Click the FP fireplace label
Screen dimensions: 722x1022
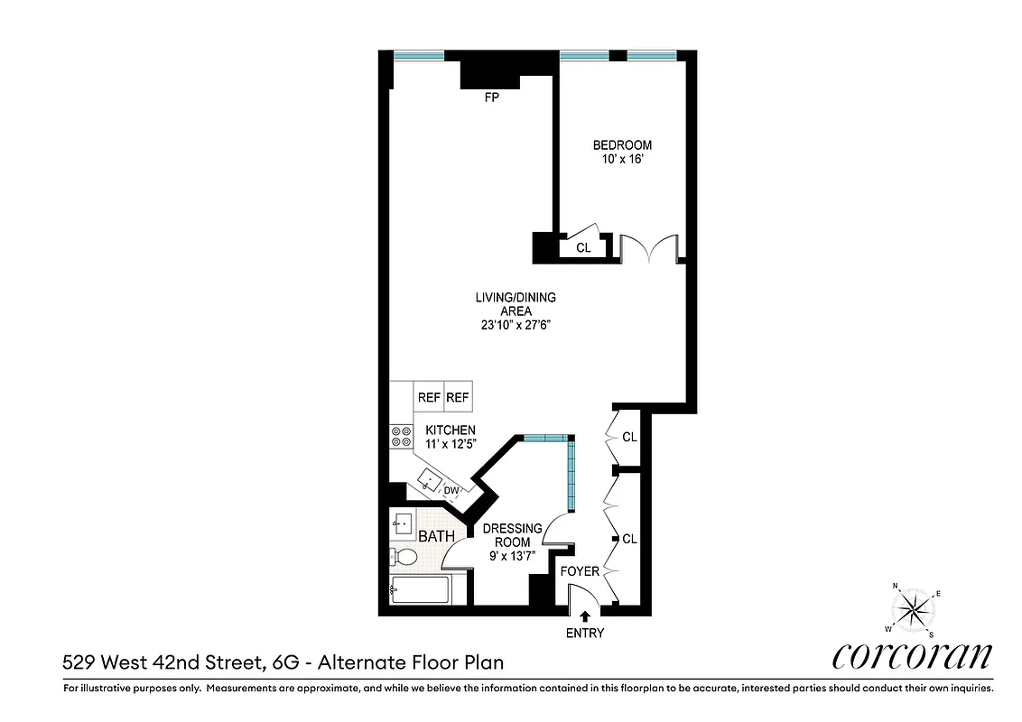click(492, 98)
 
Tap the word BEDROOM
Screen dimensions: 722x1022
click(621, 145)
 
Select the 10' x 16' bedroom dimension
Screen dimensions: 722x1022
click(621, 160)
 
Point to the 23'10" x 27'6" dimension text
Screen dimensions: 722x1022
click(516, 327)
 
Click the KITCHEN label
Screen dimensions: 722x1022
click(451, 430)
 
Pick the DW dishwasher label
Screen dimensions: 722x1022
click(452, 491)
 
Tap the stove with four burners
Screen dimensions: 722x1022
click(398, 437)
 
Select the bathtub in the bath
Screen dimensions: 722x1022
click(421, 592)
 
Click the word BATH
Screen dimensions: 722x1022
click(436, 536)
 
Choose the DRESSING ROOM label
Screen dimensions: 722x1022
click(512, 535)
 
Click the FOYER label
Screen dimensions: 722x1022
click(580, 571)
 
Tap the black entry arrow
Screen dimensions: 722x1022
click(585, 616)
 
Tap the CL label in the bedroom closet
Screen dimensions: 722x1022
click(583, 247)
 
